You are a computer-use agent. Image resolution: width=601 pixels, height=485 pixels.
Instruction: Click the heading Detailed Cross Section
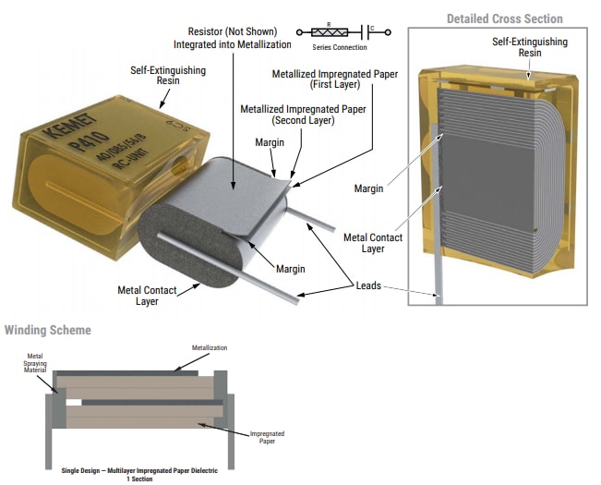[504, 18]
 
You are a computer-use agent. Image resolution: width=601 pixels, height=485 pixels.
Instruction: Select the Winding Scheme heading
[48, 330]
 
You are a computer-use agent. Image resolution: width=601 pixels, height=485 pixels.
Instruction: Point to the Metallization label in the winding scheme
[209, 348]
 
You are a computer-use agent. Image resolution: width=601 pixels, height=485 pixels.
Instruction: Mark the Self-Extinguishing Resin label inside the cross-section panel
[529, 48]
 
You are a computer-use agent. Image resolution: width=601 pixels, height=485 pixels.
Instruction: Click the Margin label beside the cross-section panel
[368, 188]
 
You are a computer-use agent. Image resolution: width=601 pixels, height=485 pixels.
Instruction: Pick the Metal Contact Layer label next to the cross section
[372, 243]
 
